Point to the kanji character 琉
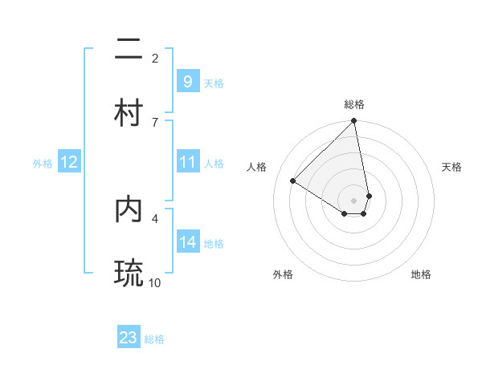pyautogui.click(x=129, y=272)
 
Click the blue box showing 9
pyautogui.click(x=187, y=81)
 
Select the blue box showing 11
pyautogui.click(x=187, y=162)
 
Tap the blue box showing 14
pyautogui.click(x=187, y=242)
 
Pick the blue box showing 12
pyautogui.click(x=68, y=162)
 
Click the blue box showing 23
pyautogui.click(x=129, y=338)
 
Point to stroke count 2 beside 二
pyautogui.click(x=155, y=58)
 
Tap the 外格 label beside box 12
pyautogui.click(x=43, y=163)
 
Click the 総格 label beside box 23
pyautogui.click(x=154, y=339)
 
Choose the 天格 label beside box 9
pyautogui.click(x=214, y=83)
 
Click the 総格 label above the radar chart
pyautogui.click(x=354, y=104)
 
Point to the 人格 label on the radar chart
pyautogui.click(x=257, y=167)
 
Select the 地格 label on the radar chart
pyautogui.click(x=421, y=274)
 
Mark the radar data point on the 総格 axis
pyautogui.click(x=354, y=121)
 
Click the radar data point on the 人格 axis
pyautogui.click(x=293, y=181)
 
